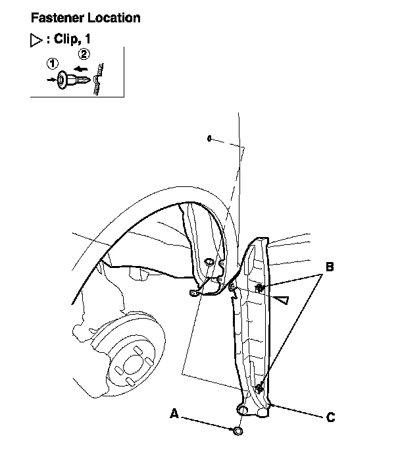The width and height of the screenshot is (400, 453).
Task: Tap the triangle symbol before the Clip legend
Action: tap(37, 40)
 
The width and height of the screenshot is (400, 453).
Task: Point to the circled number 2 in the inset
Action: tap(84, 54)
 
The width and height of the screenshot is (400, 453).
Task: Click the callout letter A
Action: tap(174, 413)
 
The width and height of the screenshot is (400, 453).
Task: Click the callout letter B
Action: tap(330, 267)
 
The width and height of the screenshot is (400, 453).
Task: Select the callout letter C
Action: tap(331, 417)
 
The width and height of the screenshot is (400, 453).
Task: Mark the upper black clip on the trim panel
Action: tap(261, 288)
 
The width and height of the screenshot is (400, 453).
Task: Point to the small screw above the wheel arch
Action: tap(208, 138)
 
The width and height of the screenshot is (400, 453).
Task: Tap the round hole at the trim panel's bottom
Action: tap(243, 410)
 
